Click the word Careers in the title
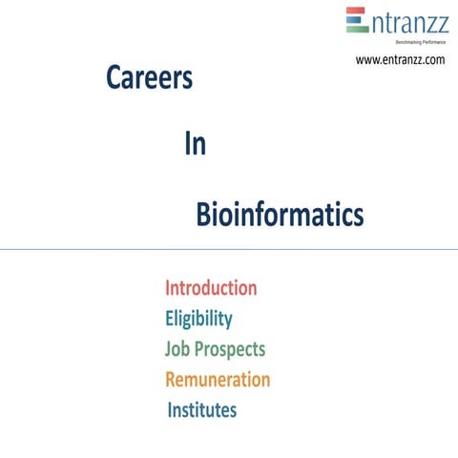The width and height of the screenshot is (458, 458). click(149, 79)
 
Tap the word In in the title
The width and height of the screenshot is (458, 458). click(195, 145)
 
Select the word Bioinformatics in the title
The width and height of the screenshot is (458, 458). click(280, 215)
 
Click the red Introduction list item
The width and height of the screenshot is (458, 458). click(211, 287)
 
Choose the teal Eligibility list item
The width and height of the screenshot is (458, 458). click(198, 318)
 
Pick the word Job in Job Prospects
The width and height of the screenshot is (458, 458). click(177, 348)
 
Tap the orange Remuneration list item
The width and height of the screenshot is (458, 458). click(218, 379)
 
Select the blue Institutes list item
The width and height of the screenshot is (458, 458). click(202, 410)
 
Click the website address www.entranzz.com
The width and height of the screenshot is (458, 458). click(401, 59)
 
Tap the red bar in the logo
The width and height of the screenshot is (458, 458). click(357, 11)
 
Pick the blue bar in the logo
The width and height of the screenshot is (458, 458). click(357, 20)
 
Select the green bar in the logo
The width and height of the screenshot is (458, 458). click(357, 29)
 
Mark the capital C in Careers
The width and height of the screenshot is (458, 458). click(114, 79)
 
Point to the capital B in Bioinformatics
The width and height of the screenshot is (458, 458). click(203, 215)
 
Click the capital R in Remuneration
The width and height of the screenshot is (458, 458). click(172, 379)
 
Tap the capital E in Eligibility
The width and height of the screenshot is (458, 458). click(170, 318)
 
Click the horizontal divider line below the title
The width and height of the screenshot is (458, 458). click(229, 250)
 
